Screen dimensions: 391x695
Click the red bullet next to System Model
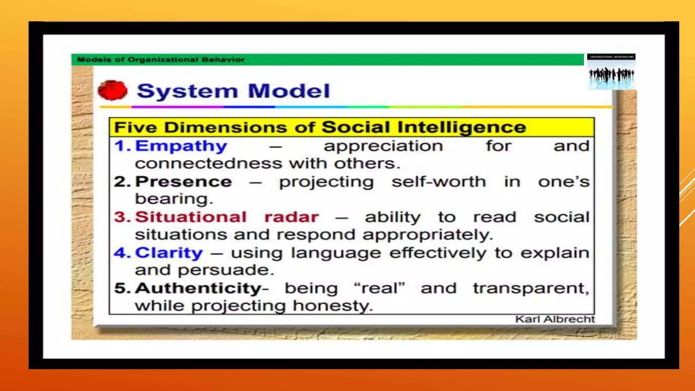tap(112, 91)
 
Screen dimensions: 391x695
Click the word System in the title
tap(187, 91)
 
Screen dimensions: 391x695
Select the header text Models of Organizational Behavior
tap(161, 60)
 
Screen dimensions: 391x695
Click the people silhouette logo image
tap(611, 72)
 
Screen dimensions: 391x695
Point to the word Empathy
tap(181, 146)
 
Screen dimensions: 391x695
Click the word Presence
tap(184, 182)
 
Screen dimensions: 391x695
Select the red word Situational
tap(191, 217)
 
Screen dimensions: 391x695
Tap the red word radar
tap(292, 217)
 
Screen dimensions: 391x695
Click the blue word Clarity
tap(169, 253)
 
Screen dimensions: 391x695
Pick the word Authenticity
tap(198, 288)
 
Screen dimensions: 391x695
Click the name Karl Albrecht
tap(555, 319)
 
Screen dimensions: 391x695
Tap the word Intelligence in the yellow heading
tap(462, 127)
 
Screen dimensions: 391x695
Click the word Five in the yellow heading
tap(135, 128)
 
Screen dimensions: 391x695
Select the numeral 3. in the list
tap(122, 217)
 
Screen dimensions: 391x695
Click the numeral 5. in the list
tap(122, 288)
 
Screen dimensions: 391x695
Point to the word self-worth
tap(439, 182)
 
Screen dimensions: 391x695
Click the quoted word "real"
tap(379, 288)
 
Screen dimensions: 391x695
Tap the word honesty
tap(333, 306)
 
